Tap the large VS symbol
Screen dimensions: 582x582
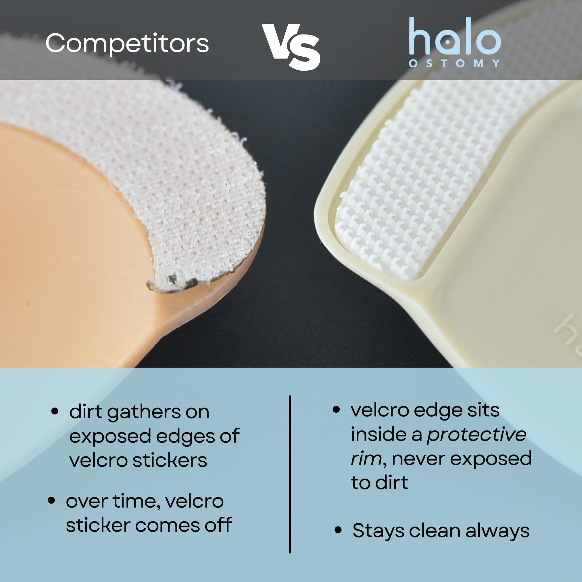(x=291, y=47)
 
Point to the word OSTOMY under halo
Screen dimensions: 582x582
(x=455, y=63)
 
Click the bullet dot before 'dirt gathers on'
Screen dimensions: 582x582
(x=55, y=412)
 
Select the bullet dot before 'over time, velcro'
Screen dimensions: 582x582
(x=51, y=500)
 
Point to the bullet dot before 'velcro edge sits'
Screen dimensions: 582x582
(x=336, y=409)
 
